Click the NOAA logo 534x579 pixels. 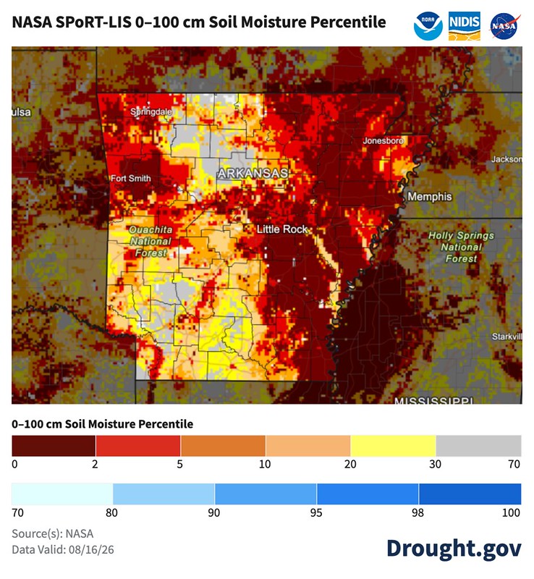428,26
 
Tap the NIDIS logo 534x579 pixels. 465,26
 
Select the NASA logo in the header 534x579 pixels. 505,26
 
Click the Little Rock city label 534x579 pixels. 282,229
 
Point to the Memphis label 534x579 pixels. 430,196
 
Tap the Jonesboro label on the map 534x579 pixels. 383,140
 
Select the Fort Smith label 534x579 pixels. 131,178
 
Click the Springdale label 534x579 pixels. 151,111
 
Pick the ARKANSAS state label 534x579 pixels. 253,174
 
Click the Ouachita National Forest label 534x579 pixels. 151,241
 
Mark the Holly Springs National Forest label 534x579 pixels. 461,247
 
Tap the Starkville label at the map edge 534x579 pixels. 507,337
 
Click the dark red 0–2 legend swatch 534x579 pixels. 54,446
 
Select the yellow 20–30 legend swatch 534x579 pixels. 393,446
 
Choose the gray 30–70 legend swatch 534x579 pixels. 478,446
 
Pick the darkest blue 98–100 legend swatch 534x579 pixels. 470,494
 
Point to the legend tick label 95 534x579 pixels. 316,513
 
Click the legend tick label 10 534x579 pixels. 265,464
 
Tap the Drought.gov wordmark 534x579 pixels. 454,549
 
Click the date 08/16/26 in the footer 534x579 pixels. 91,550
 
